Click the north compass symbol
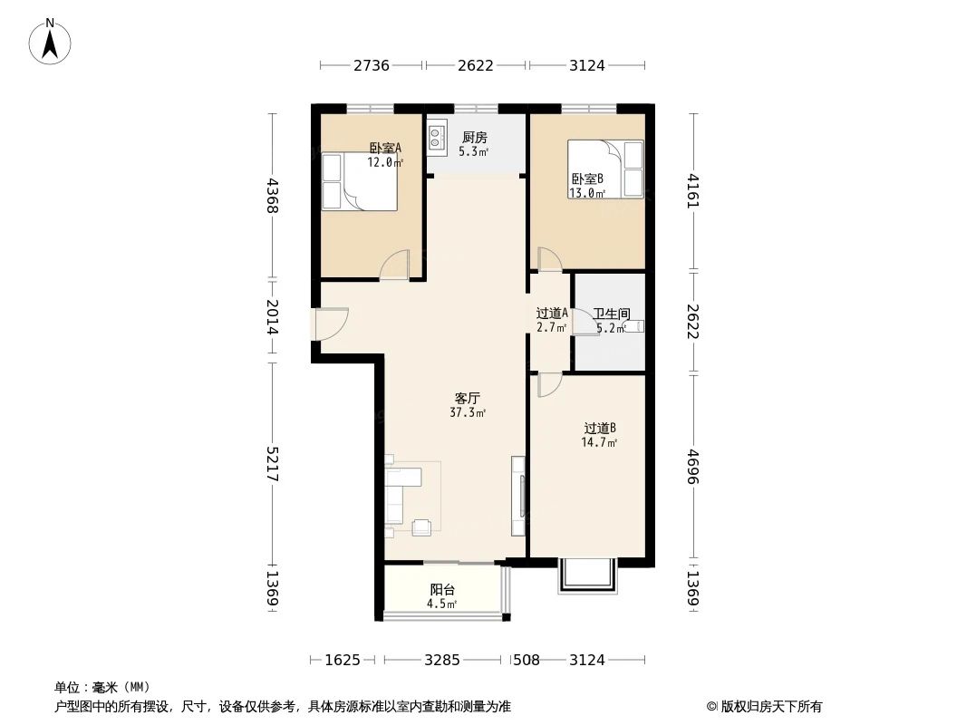[51, 42]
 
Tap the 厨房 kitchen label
[474, 138]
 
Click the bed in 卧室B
[605, 169]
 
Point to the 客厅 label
[467, 398]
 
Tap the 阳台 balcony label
[442, 590]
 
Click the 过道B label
[599, 429]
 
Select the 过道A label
[551, 314]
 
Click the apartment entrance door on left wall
[330, 324]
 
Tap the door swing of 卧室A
[395, 266]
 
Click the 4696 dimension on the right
[694, 466]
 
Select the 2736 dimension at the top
[372, 65]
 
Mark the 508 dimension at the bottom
[526, 660]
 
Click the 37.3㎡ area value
[467, 412]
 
